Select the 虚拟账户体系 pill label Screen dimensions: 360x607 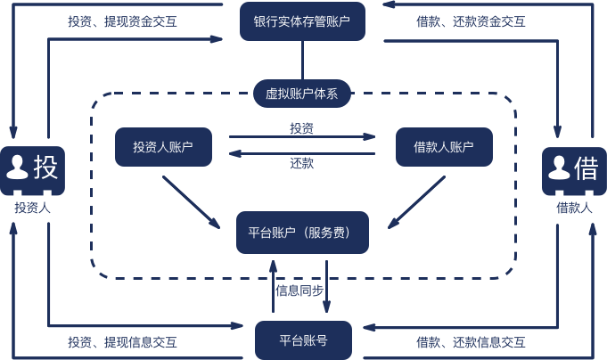coord(302,92)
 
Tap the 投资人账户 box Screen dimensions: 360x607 coord(164,146)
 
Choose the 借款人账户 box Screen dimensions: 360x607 coord(443,146)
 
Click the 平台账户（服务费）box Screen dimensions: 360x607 coord(303,233)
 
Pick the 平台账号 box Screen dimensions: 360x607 coord(303,340)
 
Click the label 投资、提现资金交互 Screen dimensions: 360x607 coord(122,20)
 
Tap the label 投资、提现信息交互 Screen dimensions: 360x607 coord(122,342)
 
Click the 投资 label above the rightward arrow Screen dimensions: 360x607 coord(301,128)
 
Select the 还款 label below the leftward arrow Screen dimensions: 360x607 coord(301,163)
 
